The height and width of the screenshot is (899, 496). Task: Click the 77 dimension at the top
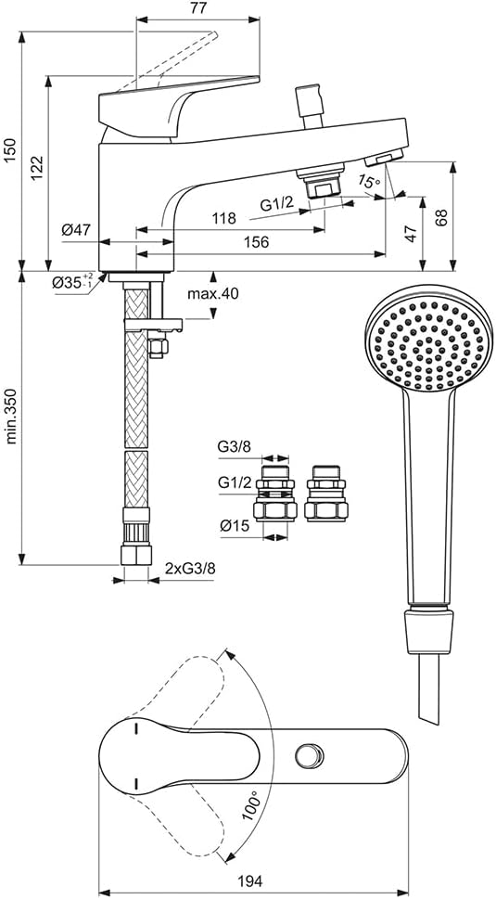(198, 8)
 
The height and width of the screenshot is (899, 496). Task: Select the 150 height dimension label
(10, 150)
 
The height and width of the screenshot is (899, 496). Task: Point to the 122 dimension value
(37, 168)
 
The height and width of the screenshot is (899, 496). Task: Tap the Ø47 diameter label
(76, 230)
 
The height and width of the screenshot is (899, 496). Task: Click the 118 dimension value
(224, 218)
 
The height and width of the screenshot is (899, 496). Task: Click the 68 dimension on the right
(440, 216)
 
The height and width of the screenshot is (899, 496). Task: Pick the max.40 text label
(213, 294)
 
